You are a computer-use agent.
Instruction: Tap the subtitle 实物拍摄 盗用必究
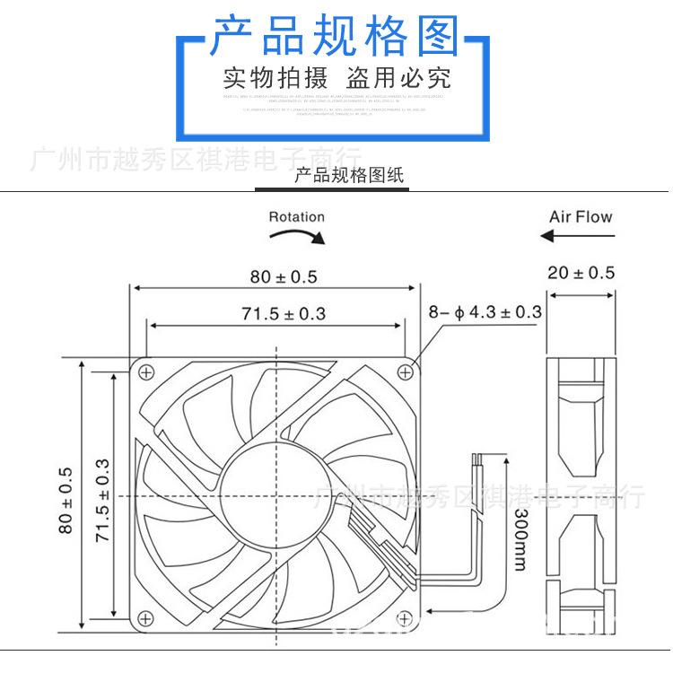point(336,78)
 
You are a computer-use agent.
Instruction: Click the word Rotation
point(296,216)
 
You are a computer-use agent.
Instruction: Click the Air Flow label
point(581,216)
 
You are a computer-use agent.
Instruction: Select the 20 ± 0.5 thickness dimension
point(581,273)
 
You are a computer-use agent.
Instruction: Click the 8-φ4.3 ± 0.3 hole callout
point(485,312)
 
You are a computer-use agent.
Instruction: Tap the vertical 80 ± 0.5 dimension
point(64,500)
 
